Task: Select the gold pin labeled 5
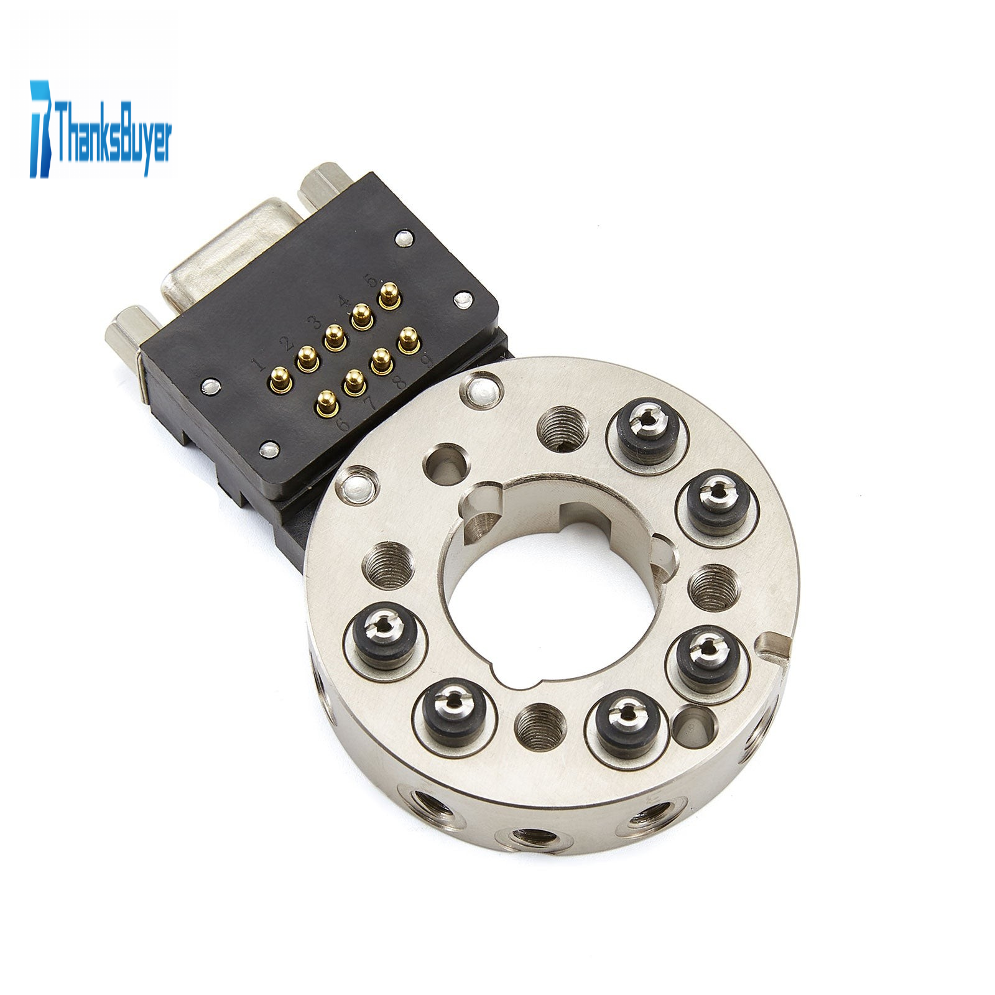click(389, 294)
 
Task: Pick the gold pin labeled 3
click(335, 336)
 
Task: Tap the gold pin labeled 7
click(354, 381)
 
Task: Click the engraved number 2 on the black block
click(287, 343)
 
